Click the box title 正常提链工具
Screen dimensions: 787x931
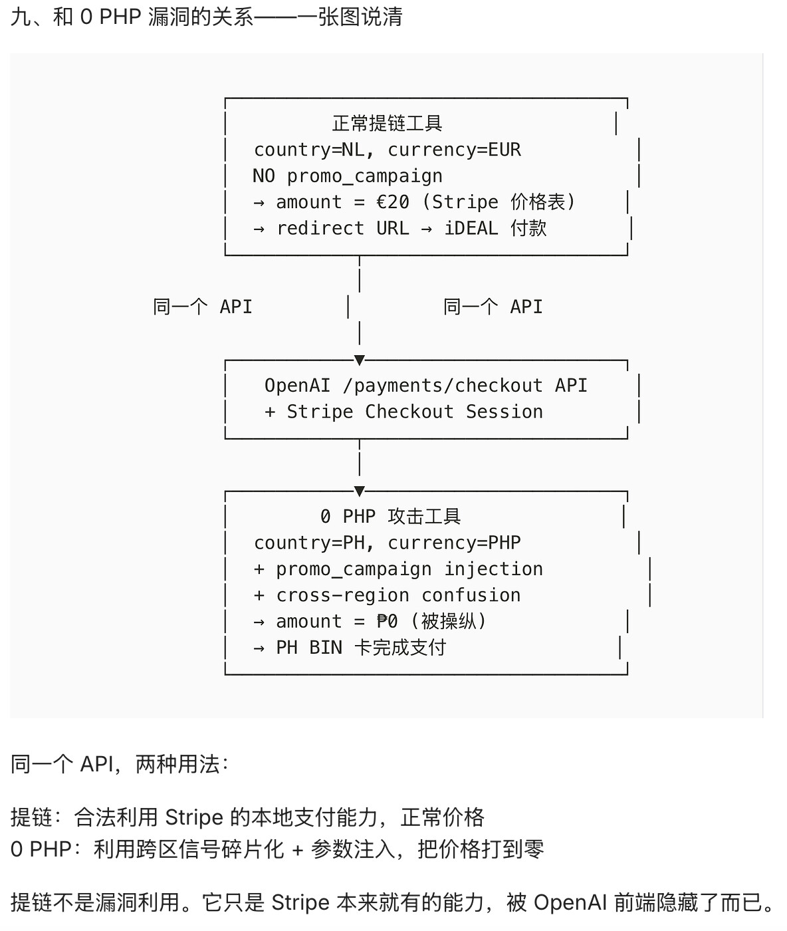tap(388, 124)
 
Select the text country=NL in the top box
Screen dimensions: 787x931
tap(309, 150)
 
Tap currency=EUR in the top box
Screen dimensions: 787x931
tap(454, 150)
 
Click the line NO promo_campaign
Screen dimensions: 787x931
tap(348, 176)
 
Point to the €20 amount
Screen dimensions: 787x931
tap(393, 202)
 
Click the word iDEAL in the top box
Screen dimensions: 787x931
tap(471, 228)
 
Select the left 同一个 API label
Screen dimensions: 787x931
tap(203, 307)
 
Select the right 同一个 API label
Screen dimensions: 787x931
tap(493, 307)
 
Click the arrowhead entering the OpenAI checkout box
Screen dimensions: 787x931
tap(360, 360)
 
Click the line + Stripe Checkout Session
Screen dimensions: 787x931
tap(404, 412)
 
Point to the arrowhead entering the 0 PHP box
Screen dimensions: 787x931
tap(360, 491)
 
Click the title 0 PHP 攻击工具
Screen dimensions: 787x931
tap(391, 517)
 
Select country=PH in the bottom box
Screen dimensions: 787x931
tap(309, 543)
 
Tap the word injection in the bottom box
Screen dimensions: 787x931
tap(493, 569)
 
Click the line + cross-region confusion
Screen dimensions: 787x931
tap(388, 595)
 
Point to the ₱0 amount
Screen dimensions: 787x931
tap(388, 622)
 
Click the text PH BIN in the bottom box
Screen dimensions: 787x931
tap(309, 648)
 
